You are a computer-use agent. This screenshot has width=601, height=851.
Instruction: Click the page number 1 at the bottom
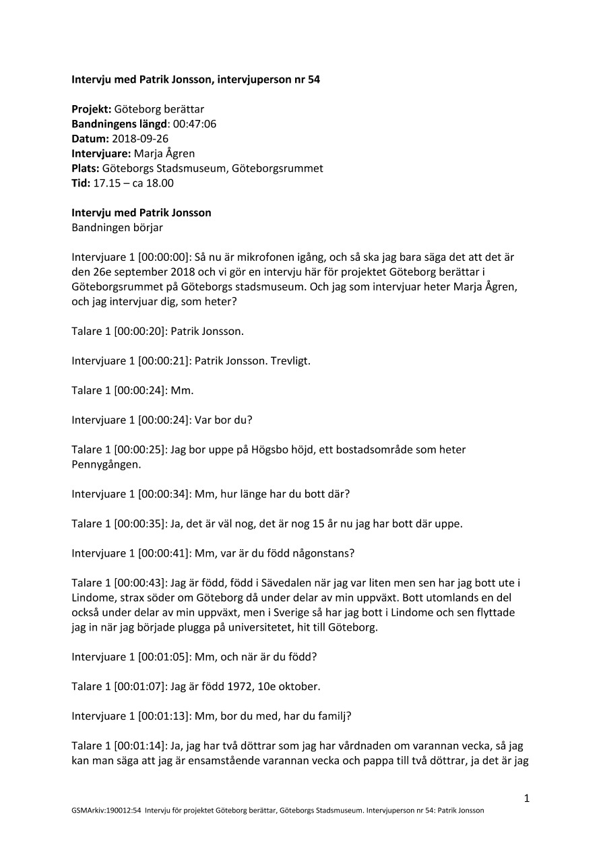pyautogui.click(x=527, y=799)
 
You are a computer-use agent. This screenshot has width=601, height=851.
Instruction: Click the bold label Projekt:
pyautogui.click(x=92, y=108)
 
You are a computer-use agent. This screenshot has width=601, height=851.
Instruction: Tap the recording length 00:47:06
pyautogui.click(x=195, y=123)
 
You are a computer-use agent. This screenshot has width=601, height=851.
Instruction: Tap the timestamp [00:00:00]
pyautogui.click(x=164, y=257)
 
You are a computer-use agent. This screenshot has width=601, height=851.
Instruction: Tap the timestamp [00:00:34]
pyautogui.click(x=164, y=494)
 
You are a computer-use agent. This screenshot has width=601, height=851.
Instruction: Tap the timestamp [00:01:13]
pyautogui.click(x=164, y=716)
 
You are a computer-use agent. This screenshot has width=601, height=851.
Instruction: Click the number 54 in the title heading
pyautogui.click(x=313, y=79)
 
